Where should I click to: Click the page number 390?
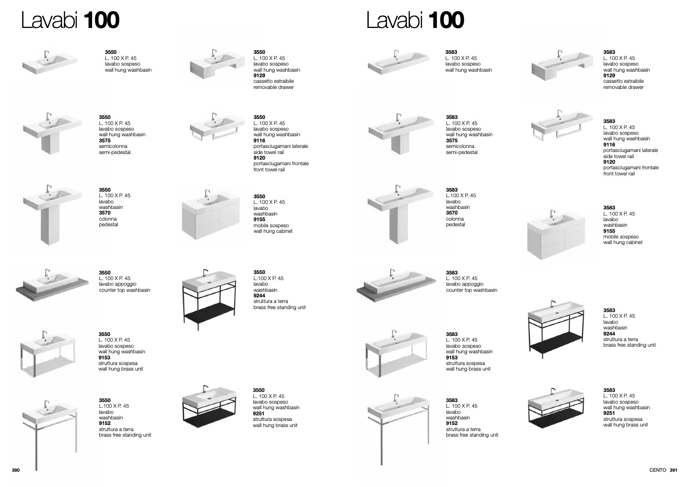click(x=16, y=470)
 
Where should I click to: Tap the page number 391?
click(x=673, y=470)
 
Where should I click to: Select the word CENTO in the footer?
click(x=657, y=470)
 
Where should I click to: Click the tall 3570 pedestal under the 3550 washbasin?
click(x=50, y=226)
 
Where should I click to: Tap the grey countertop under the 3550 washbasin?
click(x=52, y=291)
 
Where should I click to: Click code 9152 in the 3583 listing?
click(x=452, y=423)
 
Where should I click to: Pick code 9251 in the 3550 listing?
click(x=259, y=413)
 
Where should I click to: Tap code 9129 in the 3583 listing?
click(x=609, y=75)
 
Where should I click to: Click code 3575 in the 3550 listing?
click(x=105, y=140)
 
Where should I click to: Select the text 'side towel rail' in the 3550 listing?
click(x=268, y=152)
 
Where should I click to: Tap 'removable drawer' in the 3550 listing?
click(x=274, y=87)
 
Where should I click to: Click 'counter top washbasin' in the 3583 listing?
click(x=471, y=290)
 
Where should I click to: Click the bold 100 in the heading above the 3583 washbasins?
click(x=446, y=20)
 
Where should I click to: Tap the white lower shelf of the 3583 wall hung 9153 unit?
click(x=396, y=365)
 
